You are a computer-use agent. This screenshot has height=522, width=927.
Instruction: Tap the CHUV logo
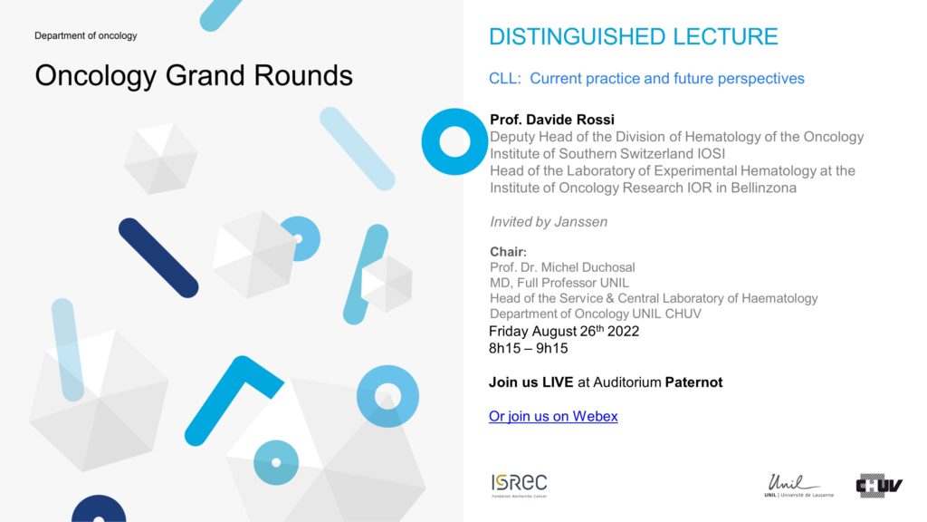click(879, 486)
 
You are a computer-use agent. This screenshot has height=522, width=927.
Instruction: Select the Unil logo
click(798, 486)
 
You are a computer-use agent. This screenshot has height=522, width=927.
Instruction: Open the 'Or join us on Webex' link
click(553, 416)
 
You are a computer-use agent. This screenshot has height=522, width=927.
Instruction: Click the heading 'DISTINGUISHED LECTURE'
click(633, 36)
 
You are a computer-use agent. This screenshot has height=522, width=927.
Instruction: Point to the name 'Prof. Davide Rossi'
click(552, 120)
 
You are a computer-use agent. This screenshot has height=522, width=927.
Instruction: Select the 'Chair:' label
click(508, 252)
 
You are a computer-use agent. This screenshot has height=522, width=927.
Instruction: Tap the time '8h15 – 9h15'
click(528, 348)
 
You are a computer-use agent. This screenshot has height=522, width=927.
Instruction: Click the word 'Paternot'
click(693, 382)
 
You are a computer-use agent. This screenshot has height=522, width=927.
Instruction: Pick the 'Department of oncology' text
click(86, 35)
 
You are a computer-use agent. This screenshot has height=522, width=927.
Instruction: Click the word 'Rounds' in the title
click(303, 76)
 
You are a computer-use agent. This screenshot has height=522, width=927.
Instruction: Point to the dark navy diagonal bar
click(158, 258)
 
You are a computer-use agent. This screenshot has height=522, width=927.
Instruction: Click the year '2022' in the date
click(623, 332)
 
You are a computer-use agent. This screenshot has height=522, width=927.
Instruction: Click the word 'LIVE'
click(558, 382)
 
